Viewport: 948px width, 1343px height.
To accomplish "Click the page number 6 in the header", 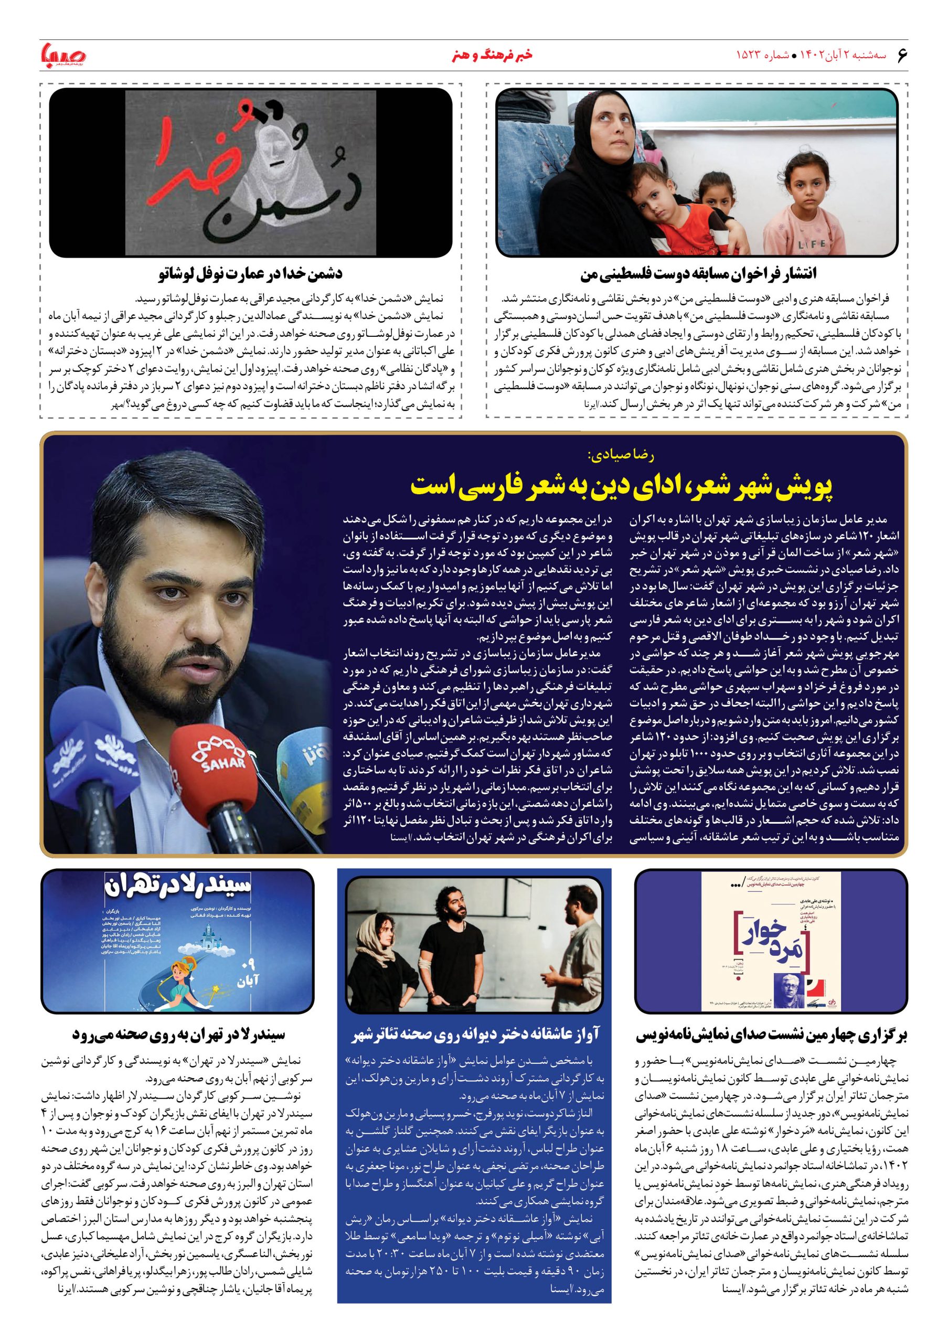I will (x=901, y=55).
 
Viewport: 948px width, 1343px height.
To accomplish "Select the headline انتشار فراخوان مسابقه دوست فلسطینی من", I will (x=698, y=274).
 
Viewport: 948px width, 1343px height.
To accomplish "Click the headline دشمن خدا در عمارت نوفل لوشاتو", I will (x=250, y=274).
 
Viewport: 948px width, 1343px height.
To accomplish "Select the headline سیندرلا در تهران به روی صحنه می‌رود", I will (x=178, y=1035).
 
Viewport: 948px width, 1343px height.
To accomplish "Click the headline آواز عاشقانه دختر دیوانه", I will (x=475, y=1035).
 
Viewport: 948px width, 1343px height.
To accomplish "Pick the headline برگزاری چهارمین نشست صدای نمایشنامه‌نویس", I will (x=771, y=1035).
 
